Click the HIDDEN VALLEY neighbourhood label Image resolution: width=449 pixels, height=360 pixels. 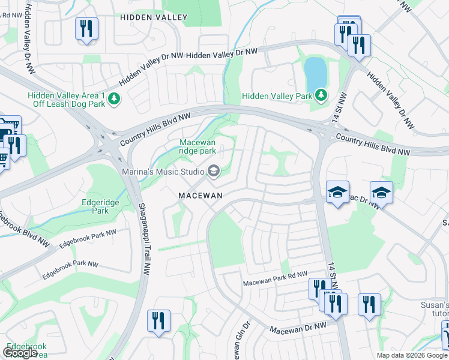coord(154,18)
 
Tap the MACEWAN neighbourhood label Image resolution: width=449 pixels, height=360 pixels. coord(200,196)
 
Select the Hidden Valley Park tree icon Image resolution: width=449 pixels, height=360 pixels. coord(321,95)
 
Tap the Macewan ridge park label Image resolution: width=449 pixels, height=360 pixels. coord(198,146)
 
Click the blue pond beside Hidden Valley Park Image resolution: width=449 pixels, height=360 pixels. coord(316,73)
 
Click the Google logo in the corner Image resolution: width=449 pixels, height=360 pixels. coord(20,353)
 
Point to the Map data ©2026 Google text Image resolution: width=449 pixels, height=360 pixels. coord(412,355)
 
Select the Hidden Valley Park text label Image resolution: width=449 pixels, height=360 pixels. coord(277,96)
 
